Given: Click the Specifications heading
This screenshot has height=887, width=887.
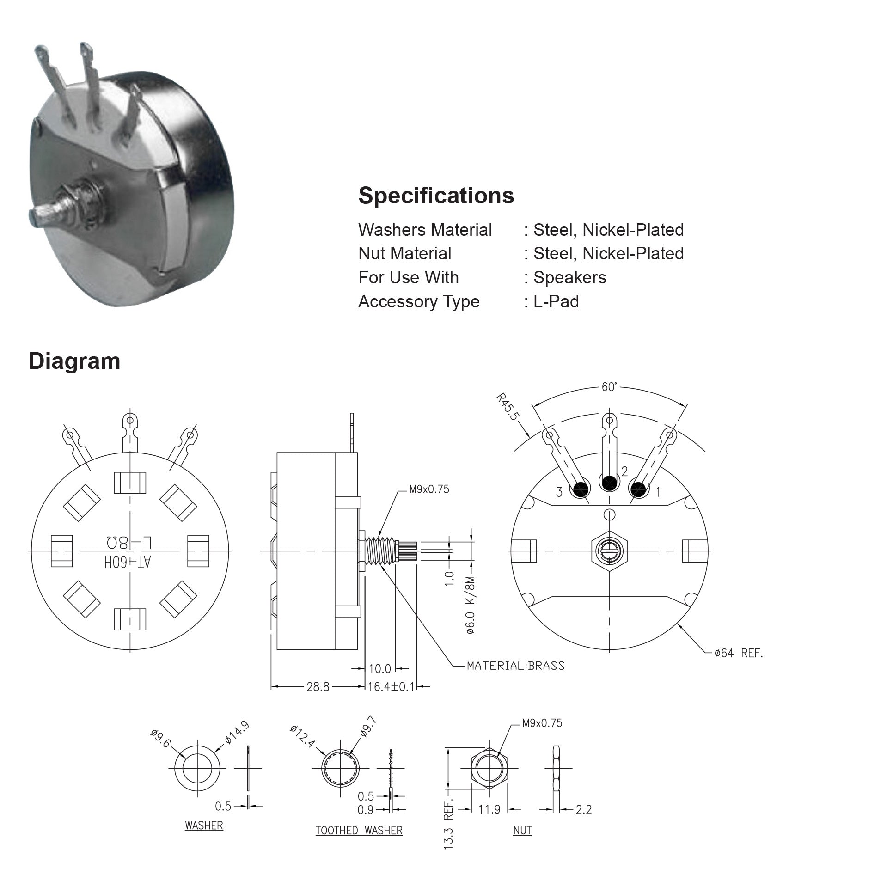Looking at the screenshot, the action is click(436, 196).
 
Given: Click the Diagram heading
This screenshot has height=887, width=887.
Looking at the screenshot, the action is click(74, 361).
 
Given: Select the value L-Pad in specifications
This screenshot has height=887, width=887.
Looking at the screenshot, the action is click(556, 301).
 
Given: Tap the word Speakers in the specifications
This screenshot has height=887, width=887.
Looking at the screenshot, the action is click(569, 277).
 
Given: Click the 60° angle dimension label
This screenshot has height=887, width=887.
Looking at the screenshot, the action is click(609, 387).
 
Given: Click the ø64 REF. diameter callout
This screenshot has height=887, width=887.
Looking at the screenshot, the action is click(739, 653).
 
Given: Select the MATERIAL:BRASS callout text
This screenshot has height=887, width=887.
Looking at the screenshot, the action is click(515, 666).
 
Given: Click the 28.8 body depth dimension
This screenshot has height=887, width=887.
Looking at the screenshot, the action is click(318, 687).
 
